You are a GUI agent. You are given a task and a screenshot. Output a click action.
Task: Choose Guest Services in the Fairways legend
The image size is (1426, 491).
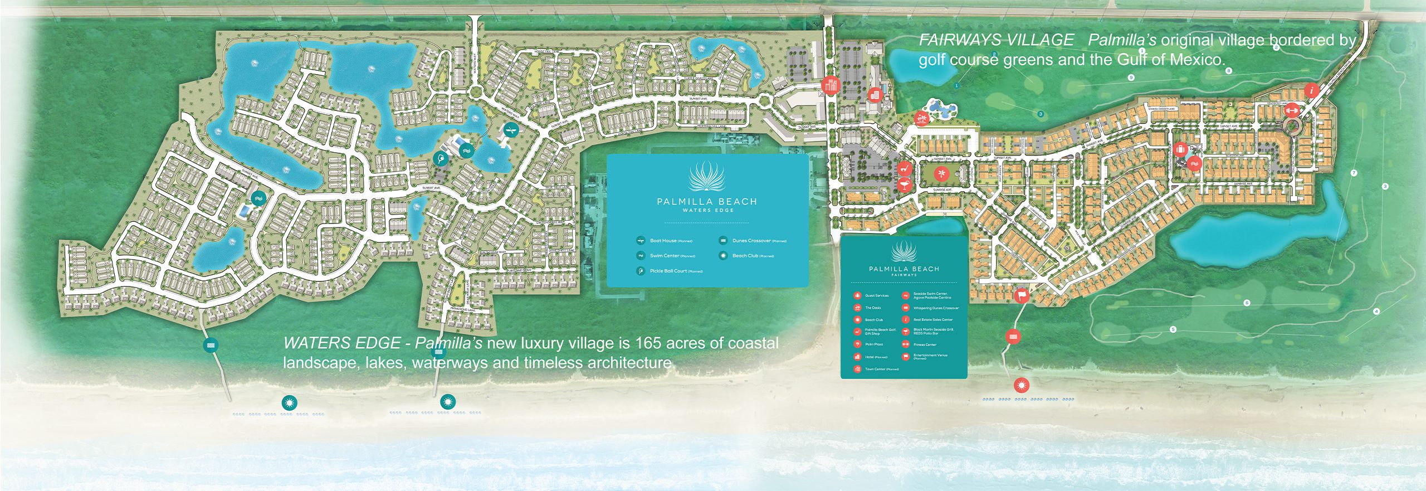(x=876, y=295)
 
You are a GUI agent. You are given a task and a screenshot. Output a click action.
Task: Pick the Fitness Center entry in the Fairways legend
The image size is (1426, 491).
(x=924, y=344)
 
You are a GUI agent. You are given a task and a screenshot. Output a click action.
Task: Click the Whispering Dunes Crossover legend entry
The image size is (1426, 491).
(x=935, y=308)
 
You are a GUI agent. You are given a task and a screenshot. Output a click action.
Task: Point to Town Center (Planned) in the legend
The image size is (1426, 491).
(x=881, y=369)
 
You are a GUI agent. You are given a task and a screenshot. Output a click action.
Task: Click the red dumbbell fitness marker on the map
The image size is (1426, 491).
(x=1291, y=110)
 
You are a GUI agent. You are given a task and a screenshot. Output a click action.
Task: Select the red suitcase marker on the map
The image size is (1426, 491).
(x=1180, y=149)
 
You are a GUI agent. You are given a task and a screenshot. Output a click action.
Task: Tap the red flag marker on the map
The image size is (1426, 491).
(x=1022, y=295)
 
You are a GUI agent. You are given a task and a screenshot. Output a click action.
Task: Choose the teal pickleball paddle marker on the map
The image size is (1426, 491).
(x=441, y=159)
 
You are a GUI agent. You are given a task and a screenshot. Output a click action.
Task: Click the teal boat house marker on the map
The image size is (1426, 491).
(x=511, y=130)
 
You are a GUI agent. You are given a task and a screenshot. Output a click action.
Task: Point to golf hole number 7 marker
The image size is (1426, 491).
(x=1354, y=173)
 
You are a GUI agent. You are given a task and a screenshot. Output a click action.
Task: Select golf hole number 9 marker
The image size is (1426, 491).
(x=1131, y=77)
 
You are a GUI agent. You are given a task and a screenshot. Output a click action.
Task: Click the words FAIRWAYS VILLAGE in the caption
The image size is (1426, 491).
(x=996, y=40)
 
